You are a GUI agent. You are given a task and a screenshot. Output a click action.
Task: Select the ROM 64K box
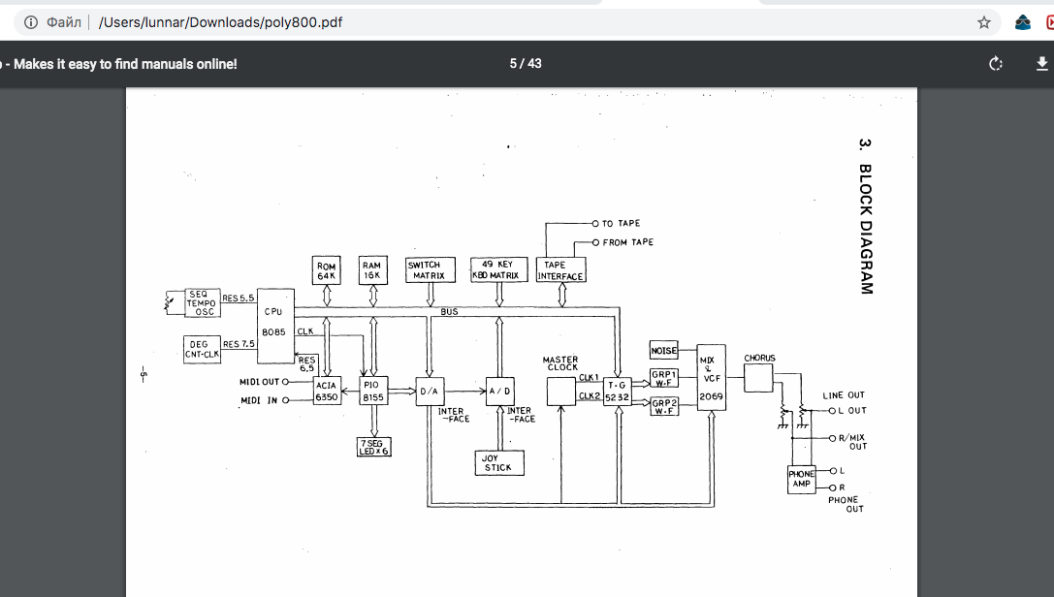coord(327,270)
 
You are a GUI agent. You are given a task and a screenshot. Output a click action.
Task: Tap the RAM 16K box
coord(371,270)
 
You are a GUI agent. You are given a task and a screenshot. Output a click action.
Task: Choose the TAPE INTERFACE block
coord(561,270)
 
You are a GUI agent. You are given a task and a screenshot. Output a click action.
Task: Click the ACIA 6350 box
coord(327,391)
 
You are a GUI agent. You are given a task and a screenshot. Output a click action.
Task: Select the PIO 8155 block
coord(373,391)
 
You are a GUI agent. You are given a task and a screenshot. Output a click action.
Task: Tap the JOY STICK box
coord(498,463)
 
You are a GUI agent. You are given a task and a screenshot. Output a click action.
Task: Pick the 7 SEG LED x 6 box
coord(373,447)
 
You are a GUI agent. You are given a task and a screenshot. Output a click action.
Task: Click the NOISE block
coord(663,351)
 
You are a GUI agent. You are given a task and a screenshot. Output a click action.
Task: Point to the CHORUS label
coord(759,359)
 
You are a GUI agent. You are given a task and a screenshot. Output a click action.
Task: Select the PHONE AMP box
coord(802,479)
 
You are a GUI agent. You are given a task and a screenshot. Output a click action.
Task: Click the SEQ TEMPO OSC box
coord(202,302)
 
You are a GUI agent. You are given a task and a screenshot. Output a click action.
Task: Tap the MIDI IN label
coord(259,400)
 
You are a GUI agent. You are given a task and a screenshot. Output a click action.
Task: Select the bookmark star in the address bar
coord(984,21)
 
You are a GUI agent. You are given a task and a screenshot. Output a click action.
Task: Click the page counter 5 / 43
coord(526,64)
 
